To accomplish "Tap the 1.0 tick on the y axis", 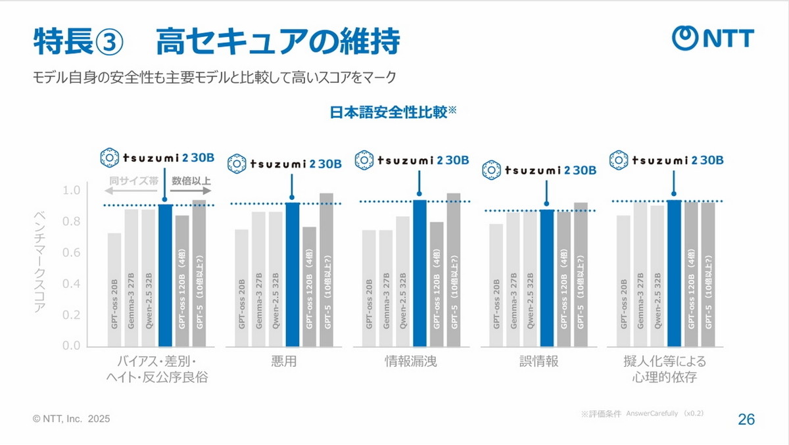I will coord(70,191).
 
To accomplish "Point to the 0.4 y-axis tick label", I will coord(70,284).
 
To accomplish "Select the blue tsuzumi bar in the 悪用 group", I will coord(292,274).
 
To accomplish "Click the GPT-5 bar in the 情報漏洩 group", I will coord(454,269).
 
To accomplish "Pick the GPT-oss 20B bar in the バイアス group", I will coord(114,289).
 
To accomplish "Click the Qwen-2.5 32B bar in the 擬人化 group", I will coord(657,276).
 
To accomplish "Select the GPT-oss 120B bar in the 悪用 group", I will coord(309,287).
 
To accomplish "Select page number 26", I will coord(746,419).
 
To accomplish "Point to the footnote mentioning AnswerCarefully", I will coord(642,413).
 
